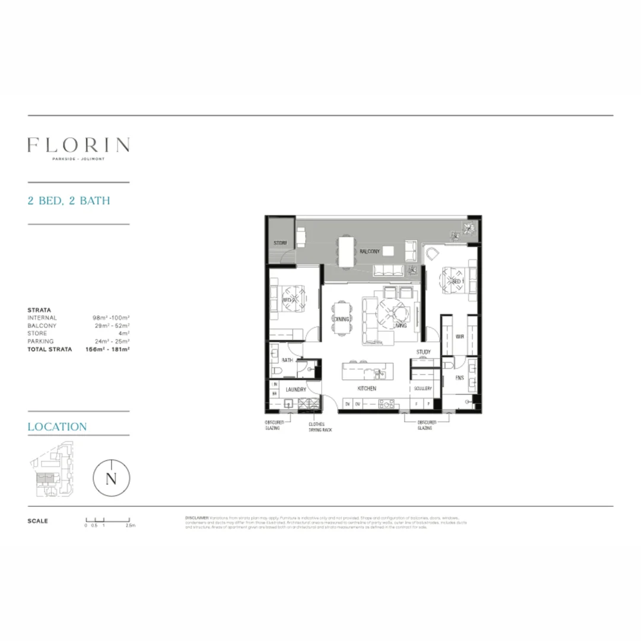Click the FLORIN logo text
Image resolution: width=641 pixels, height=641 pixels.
[78, 145]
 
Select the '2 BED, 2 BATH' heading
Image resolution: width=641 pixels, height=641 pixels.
[69, 201]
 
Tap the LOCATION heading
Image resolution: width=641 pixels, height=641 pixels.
[57, 427]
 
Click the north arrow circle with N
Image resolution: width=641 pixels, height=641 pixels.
[111, 479]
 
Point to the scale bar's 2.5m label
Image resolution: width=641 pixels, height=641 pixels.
[131, 526]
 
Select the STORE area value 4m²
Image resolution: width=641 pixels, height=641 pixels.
[124, 334]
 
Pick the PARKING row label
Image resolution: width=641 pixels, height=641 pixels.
[40, 341]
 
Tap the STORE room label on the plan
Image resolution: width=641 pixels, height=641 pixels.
[280, 243]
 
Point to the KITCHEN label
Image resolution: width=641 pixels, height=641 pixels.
[366, 389]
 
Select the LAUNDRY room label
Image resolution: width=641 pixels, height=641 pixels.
[296, 389]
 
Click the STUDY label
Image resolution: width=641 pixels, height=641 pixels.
[423, 353]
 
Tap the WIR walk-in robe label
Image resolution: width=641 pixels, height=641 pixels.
[459, 337]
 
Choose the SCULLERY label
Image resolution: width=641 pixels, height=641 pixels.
[423, 389]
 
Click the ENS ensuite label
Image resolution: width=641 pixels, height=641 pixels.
[459, 377]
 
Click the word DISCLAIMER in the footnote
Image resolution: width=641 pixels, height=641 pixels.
[196, 518]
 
